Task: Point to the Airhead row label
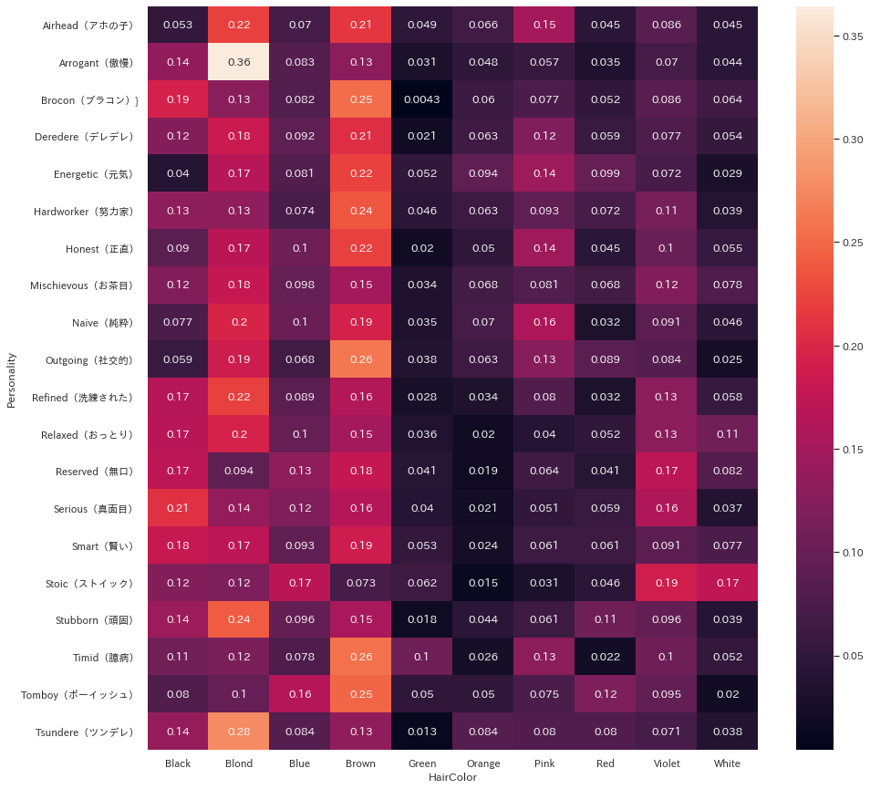point(88,26)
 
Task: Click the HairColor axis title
point(452,777)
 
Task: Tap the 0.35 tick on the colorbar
point(853,36)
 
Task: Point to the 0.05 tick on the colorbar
point(853,656)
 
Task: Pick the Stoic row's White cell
point(727,583)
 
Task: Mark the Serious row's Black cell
point(178,509)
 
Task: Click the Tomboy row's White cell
point(727,695)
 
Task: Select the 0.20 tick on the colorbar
point(853,347)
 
